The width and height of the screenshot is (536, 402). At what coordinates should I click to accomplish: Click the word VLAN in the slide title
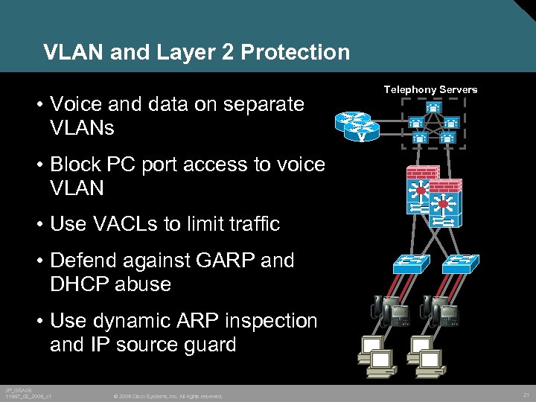[73, 52]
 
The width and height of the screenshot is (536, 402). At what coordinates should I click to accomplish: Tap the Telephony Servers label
[430, 89]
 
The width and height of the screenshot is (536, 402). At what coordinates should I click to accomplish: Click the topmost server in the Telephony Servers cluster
[433, 108]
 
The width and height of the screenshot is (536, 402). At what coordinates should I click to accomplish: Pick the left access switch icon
[412, 263]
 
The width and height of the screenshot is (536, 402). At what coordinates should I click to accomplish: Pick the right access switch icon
[462, 263]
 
